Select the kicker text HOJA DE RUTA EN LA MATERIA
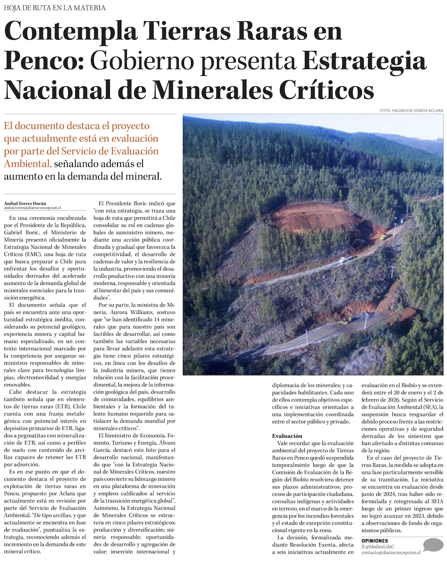(55, 8)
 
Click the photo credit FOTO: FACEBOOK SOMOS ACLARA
(411, 110)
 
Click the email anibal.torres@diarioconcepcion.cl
(33, 208)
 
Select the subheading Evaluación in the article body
(287, 436)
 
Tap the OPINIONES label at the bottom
(375, 541)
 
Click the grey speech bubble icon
(433, 545)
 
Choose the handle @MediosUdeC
(380, 547)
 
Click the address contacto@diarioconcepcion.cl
(391, 553)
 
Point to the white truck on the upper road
(345, 260)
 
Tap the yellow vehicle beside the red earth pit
(383, 237)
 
